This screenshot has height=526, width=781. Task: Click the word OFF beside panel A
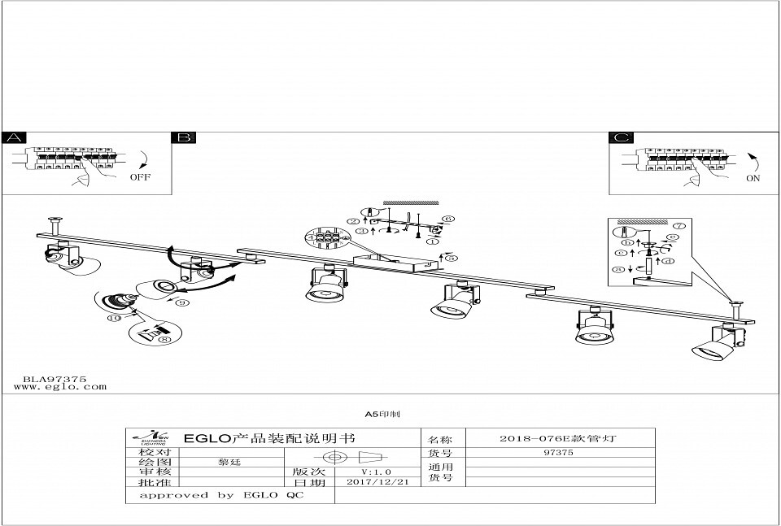(140, 176)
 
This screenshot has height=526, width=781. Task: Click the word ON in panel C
(753, 178)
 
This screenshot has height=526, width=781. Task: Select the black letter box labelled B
(184, 137)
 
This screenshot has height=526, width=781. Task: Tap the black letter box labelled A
(15, 137)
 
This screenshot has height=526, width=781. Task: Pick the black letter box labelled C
(622, 137)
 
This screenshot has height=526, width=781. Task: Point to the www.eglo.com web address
(60, 387)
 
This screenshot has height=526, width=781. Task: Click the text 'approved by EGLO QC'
(221, 495)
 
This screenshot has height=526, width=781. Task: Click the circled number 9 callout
(183, 302)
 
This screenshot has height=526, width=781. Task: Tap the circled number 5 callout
(452, 258)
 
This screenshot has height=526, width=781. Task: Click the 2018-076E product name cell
(557, 437)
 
